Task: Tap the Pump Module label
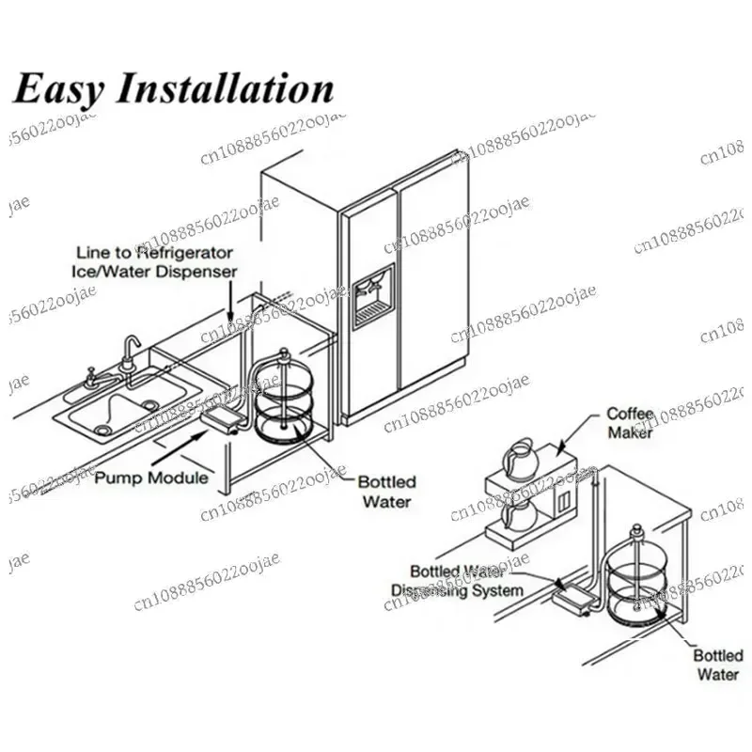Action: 151,478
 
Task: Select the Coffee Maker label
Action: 629,422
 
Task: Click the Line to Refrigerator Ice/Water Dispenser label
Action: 155,261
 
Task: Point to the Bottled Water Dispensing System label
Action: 457,580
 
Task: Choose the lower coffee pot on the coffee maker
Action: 518,516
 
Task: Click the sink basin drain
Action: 102,430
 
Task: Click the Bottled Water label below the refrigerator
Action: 385,492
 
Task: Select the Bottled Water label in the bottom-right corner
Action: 717,665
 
